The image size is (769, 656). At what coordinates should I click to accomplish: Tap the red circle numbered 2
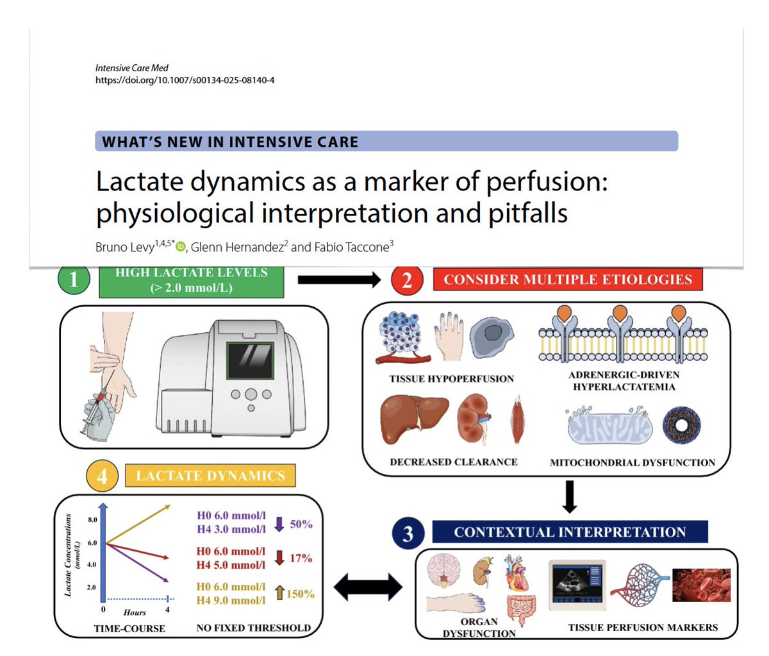pyautogui.click(x=406, y=280)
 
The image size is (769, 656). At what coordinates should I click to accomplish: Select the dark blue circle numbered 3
pyautogui.click(x=408, y=533)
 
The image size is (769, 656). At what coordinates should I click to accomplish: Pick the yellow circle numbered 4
pyautogui.click(x=102, y=476)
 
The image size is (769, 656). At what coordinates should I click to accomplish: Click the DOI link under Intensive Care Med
pyautogui.click(x=185, y=80)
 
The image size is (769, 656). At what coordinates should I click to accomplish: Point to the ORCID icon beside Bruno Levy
pyautogui.click(x=181, y=247)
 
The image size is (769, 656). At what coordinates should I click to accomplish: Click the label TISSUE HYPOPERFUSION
pyautogui.click(x=451, y=379)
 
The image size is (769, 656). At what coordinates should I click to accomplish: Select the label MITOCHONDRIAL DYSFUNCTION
pyautogui.click(x=632, y=462)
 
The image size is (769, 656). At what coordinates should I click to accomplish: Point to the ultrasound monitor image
pyautogui.click(x=577, y=582)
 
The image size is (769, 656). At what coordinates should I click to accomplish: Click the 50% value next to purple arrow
pyautogui.click(x=301, y=524)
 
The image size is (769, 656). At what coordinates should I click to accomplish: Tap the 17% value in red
pyautogui.click(x=301, y=558)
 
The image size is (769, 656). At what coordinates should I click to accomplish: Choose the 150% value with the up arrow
pyautogui.click(x=300, y=594)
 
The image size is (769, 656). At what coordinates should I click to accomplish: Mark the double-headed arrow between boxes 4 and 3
pyautogui.click(x=368, y=585)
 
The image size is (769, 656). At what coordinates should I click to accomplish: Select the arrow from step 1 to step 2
pyautogui.click(x=339, y=279)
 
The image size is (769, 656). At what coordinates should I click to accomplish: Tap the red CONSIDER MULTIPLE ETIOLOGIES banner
pyautogui.click(x=568, y=280)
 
